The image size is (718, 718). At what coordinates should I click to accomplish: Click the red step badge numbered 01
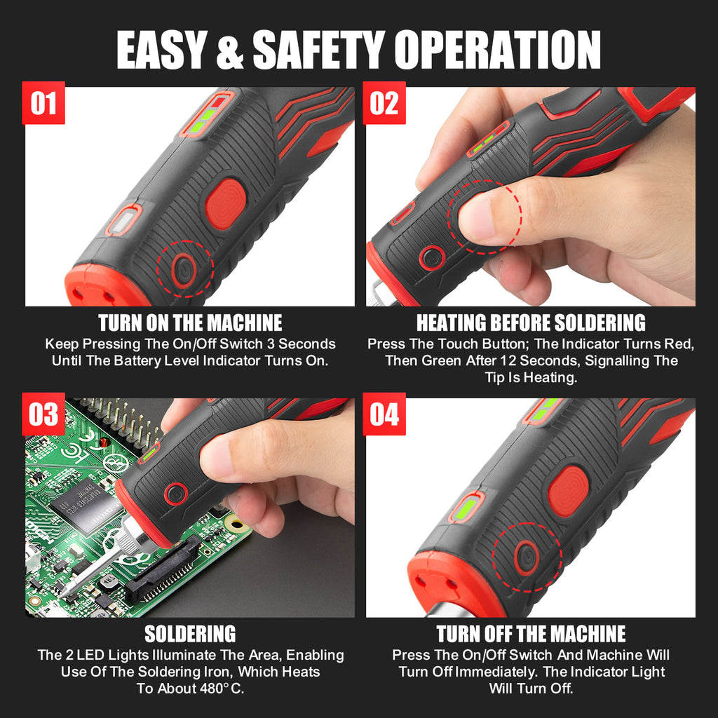(43, 103)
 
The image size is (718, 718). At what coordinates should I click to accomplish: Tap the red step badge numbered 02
(384, 103)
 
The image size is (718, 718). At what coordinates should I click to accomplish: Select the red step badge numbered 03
(43, 414)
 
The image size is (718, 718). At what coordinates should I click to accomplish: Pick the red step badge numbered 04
(384, 414)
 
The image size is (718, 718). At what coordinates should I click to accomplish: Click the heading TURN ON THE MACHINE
(190, 323)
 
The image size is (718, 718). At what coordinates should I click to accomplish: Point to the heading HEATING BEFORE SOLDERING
(531, 323)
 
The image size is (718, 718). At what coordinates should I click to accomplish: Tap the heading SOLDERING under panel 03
(190, 634)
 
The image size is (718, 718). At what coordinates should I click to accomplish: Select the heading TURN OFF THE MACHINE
(531, 634)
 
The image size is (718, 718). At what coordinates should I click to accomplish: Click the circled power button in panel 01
(185, 269)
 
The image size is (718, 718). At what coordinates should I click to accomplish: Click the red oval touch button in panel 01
(225, 204)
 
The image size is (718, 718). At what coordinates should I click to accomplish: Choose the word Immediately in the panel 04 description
(492, 672)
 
